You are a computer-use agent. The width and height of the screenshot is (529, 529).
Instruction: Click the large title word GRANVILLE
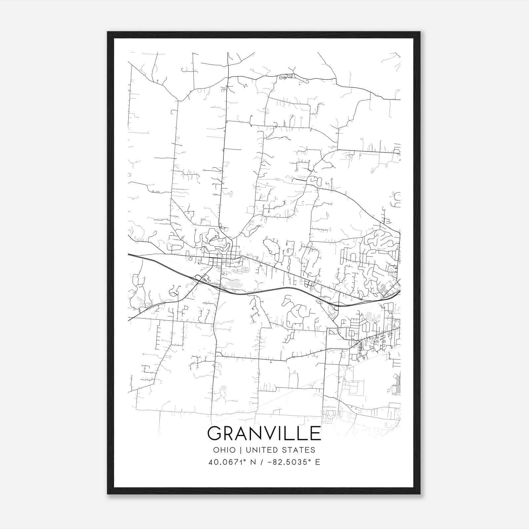264,433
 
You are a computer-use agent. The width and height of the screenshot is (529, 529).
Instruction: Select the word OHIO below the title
224,450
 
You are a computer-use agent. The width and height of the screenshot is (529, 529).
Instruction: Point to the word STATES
301,450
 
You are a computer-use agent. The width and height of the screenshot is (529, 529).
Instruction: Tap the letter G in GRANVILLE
215,433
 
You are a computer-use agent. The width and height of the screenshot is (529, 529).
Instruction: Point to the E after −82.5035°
318,462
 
